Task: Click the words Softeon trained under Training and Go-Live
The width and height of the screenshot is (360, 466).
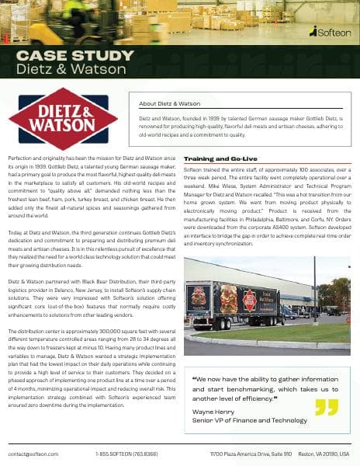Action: point(202,169)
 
